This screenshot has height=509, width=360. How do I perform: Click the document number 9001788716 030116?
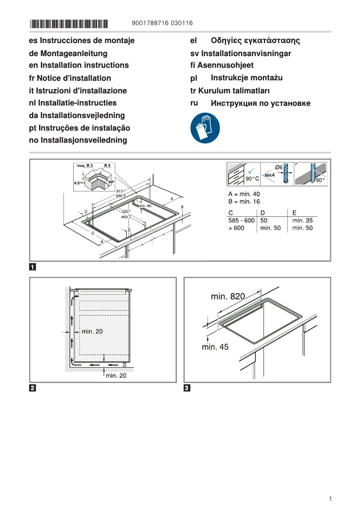click(163, 23)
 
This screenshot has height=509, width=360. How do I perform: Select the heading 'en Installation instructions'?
click(79, 65)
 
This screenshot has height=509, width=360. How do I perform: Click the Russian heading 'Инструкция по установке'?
click(260, 103)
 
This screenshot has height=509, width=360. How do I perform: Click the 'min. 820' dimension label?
click(228, 296)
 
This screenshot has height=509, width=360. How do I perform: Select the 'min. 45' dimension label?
click(215, 347)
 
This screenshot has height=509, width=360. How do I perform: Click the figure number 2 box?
click(33, 388)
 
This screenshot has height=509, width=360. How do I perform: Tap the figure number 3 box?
click(187, 388)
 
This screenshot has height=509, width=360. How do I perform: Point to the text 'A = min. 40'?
click(244, 194)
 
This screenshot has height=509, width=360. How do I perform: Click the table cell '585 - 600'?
click(241, 220)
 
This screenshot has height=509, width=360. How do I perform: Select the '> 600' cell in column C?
click(237, 228)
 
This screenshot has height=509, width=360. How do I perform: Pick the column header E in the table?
click(294, 212)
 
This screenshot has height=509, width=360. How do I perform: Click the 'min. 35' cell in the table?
click(302, 220)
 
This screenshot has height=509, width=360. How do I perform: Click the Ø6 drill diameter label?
click(278, 167)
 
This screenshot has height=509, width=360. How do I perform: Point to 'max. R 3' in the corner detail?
click(84, 166)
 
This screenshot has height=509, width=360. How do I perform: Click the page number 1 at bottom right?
click(330, 499)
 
